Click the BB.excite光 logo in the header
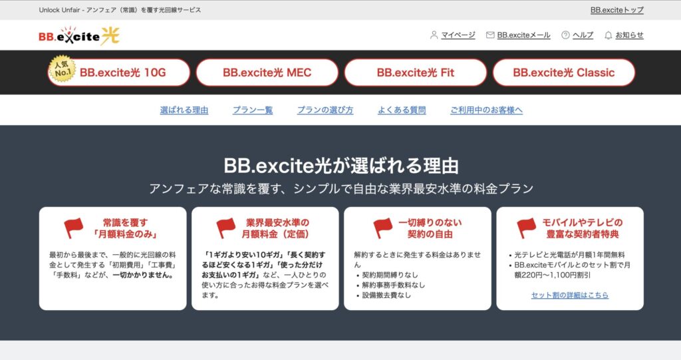[79, 36]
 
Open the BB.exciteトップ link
[616, 10]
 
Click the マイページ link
[458, 35]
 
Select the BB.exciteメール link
[523, 35]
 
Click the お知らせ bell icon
[608, 35]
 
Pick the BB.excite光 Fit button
[415, 73]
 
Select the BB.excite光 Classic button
[563, 73]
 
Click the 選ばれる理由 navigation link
[184, 110]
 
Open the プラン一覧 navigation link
[253, 110]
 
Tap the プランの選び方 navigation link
[325, 110]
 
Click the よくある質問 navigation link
[402, 110]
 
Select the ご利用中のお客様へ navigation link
[486, 110]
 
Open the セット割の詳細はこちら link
[570, 295]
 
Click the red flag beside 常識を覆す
[74, 228]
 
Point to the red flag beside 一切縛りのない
[383, 228]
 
